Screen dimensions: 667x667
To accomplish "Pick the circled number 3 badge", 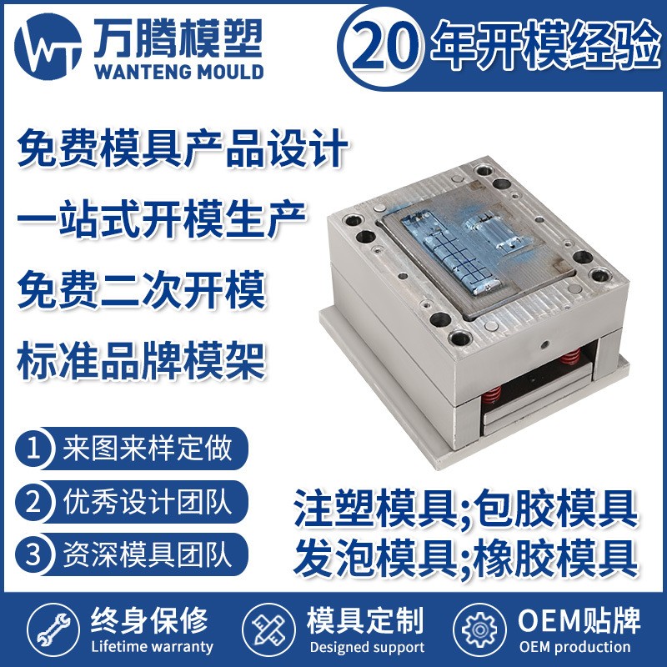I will coord(34,553).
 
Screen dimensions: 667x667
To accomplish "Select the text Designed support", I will coord(367,647).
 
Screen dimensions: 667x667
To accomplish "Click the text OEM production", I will coord(574,647).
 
